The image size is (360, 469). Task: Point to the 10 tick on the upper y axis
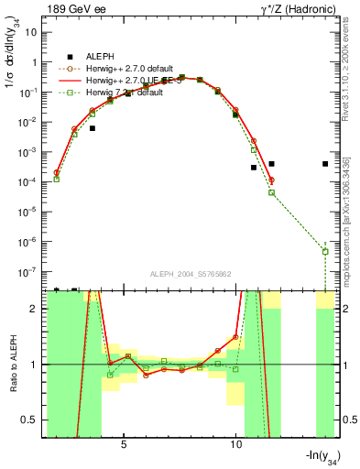click(x=32, y=32)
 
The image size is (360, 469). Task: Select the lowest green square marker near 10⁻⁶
click(x=325, y=251)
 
